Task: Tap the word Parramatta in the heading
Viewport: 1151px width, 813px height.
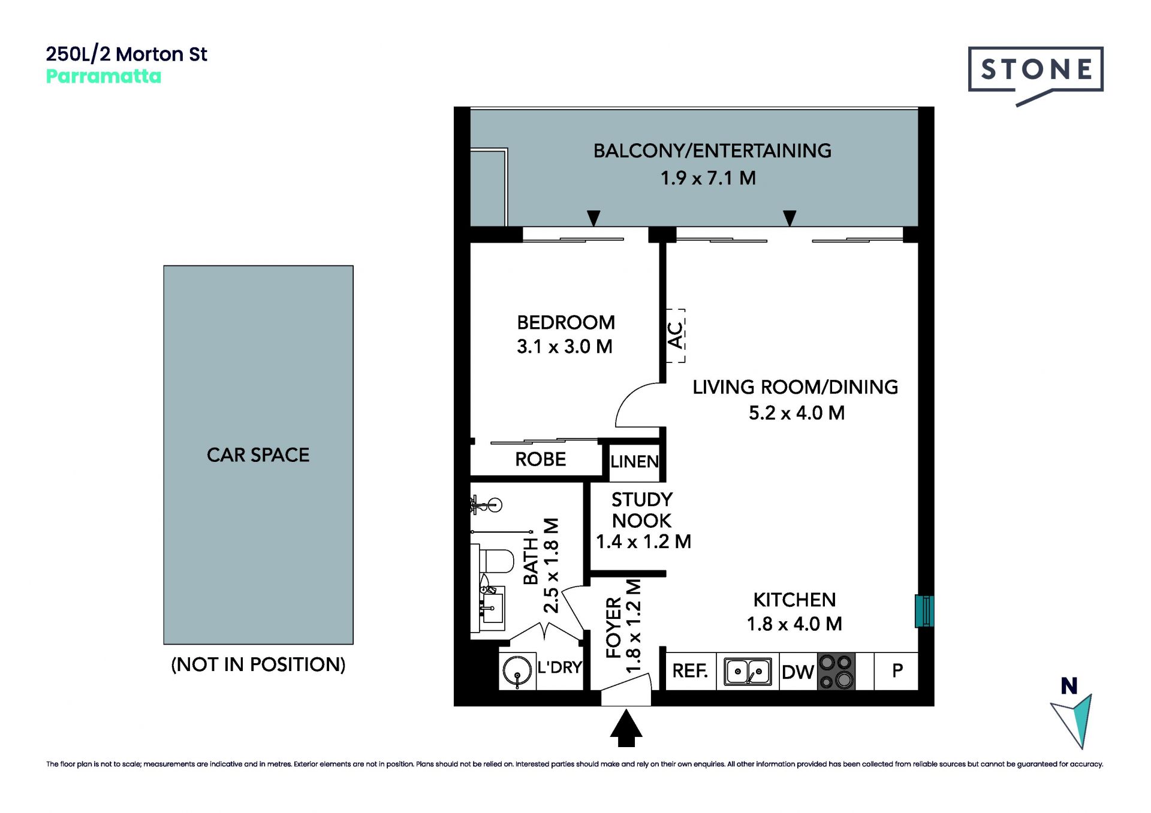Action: click(x=104, y=77)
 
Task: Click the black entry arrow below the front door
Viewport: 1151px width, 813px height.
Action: click(x=626, y=728)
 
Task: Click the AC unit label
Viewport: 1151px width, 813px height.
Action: click(x=676, y=336)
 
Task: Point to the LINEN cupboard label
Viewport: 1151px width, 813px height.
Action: click(x=634, y=462)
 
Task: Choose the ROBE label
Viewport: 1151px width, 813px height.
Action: click(x=540, y=460)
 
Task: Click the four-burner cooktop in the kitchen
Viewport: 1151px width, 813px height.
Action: click(x=836, y=672)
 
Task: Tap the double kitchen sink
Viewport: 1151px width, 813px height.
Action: click(x=748, y=672)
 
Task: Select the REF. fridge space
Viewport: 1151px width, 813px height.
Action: click(x=691, y=672)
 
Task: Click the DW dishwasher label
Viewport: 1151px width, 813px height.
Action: click(x=798, y=672)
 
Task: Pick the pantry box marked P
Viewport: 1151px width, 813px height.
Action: click(x=896, y=672)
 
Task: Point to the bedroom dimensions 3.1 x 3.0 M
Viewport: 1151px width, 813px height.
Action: click(x=565, y=347)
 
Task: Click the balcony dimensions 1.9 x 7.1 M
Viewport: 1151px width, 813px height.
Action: click(x=708, y=179)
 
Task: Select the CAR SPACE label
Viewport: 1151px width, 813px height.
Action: click(x=258, y=455)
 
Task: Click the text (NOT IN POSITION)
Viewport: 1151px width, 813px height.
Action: click(x=258, y=664)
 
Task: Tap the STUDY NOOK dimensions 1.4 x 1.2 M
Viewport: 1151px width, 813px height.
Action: click(x=643, y=542)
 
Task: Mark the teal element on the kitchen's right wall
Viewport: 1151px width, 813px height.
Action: click(x=924, y=611)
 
